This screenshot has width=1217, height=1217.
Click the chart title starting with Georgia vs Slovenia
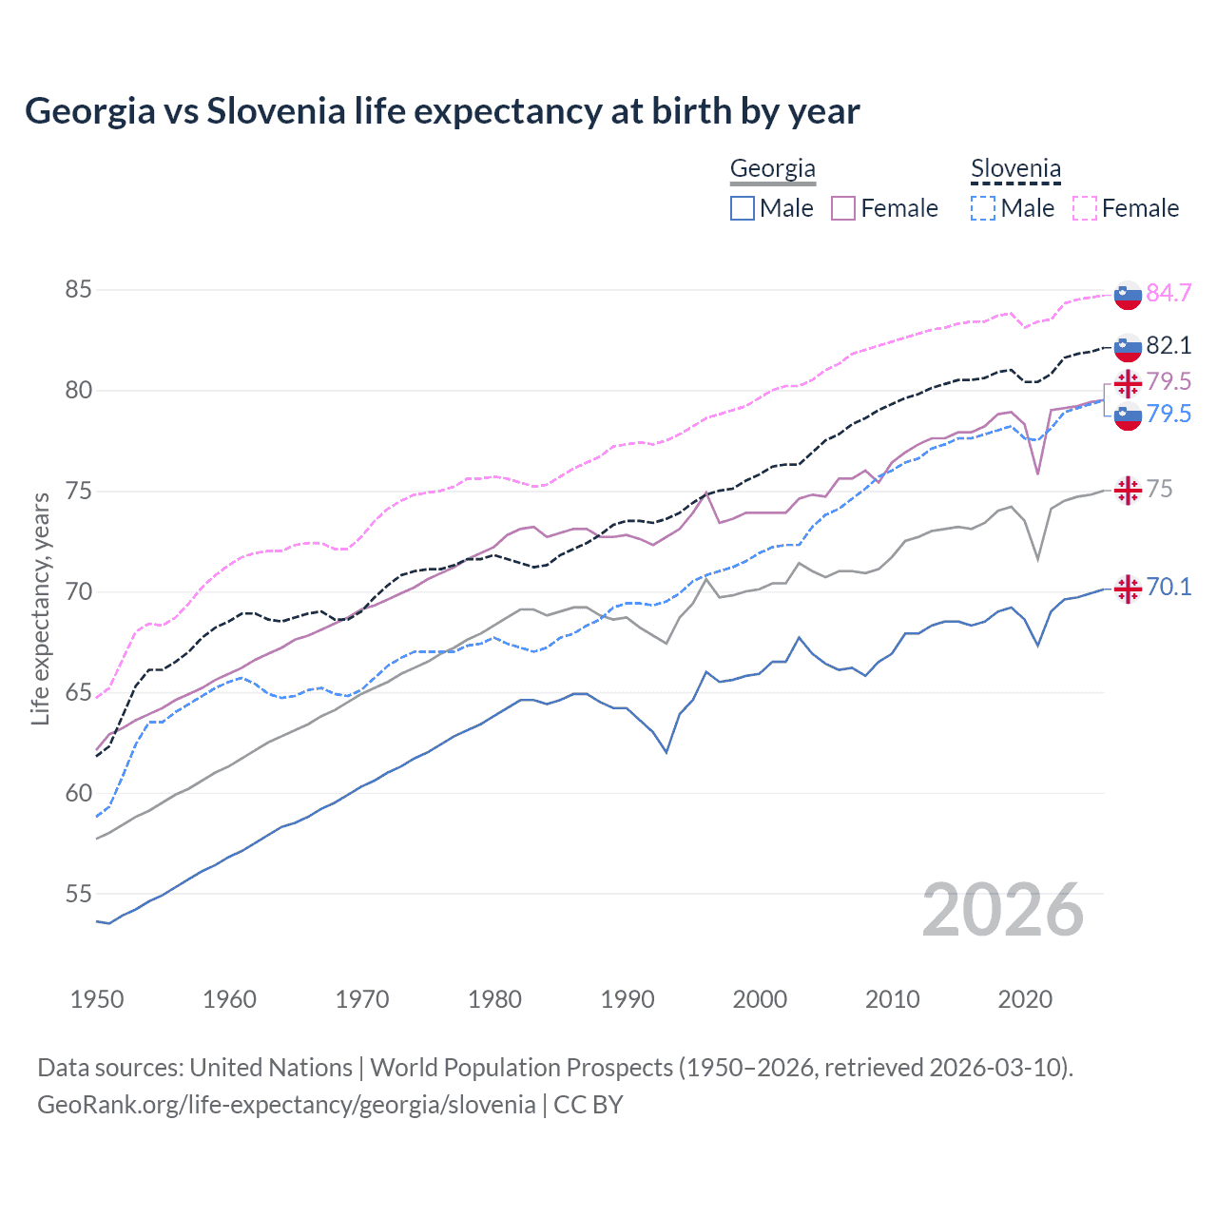[x=442, y=111]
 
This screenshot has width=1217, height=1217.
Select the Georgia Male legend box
[x=743, y=208]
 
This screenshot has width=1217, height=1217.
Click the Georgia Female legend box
[x=843, y=208]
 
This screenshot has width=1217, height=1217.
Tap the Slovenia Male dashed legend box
[x=983, y=208]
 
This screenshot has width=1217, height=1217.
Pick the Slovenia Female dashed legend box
[x=1085, y=208]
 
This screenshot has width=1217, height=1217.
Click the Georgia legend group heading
[x=772, y=169]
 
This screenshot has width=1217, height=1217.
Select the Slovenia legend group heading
[x=1015, y=169]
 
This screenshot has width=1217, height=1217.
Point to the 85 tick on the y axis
[x=78, y=289]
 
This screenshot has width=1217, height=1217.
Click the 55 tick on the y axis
[x=78, y=894]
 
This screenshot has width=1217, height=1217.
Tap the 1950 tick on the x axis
[x=97, y=999]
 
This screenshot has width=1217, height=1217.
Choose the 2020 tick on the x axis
[x=1025, y=999]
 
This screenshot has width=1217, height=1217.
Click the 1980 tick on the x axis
[x=494, y=999]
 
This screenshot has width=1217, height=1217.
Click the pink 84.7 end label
[x=1169, y=293]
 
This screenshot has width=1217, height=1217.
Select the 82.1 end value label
[x=1169, y=345]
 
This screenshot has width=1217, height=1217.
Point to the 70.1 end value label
[x=1169, y=587]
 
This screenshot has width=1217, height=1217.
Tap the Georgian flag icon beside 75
[x=1128, y=491]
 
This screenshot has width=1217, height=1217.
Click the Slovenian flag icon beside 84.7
[x=1128, y=295]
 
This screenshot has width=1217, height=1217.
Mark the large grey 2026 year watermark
[x=1002, y=910]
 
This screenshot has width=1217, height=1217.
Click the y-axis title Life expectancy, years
[x=41, y=608]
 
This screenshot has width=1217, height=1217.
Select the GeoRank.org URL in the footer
[x=286, y=1105]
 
